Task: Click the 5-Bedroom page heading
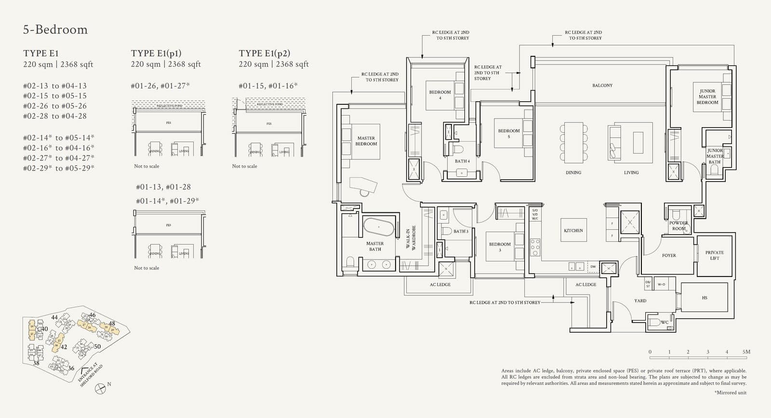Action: tap(55, 30)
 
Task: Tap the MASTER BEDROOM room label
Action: tap(366, 141)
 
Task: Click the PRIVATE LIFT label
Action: tap(714, 255)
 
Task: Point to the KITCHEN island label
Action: tap(573, 231)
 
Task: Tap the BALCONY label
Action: tap(602, 85)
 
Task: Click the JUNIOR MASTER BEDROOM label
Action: tap(707, 97)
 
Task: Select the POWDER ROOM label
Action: tap(678, 226)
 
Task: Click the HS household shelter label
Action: tap(705, 298)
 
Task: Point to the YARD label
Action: tap(640, 301)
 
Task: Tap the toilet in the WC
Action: tap(655, 322)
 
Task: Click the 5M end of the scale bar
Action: tap(746, 352)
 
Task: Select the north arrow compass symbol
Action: tap(100, 388)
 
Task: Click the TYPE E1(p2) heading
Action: tap(265, 53)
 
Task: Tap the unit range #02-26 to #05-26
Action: tap(55, 106)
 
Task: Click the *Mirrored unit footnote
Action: tap(730, 393)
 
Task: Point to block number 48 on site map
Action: tap(112, 324)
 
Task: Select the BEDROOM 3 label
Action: tap(500, 247)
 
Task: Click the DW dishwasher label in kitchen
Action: tap(593, 267)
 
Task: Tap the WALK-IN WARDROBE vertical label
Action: tap(411, 238)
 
